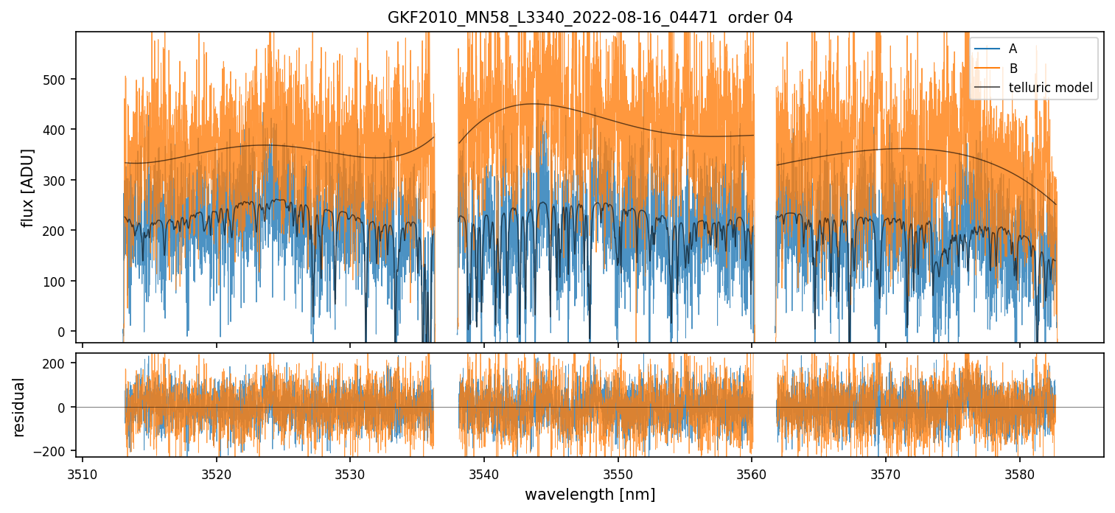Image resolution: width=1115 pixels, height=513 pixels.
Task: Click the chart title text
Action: click(x=590, y=18)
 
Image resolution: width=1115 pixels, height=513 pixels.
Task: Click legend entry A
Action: click(x=1013, y=49)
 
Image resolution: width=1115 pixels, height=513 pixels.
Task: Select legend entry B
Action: click(x=1013, y=69)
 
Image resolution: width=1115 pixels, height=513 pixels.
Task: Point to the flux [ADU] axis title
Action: click(x=29, y=187)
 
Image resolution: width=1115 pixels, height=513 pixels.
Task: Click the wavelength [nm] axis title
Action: click(x=590, y=494)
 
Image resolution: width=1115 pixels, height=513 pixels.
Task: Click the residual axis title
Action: click(x=19, y=407)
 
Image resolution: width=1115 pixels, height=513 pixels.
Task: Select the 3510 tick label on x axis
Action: click(x=82, y=472)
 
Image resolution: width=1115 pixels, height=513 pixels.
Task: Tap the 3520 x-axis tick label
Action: click(x=216, y=472)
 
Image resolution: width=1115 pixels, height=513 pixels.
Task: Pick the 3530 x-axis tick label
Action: click(x=350, y=472)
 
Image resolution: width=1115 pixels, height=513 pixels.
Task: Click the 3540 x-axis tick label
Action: click(x=483, y=472)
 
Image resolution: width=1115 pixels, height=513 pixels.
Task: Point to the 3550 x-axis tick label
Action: click(x=618, y=472)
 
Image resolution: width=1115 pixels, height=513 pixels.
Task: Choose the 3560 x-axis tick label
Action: click(x=752, y=472)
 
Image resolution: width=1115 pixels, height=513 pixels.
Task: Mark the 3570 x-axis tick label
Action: click(x=885, y=472)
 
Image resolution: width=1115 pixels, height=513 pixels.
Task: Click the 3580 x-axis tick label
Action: click(x=1019, y=472)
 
